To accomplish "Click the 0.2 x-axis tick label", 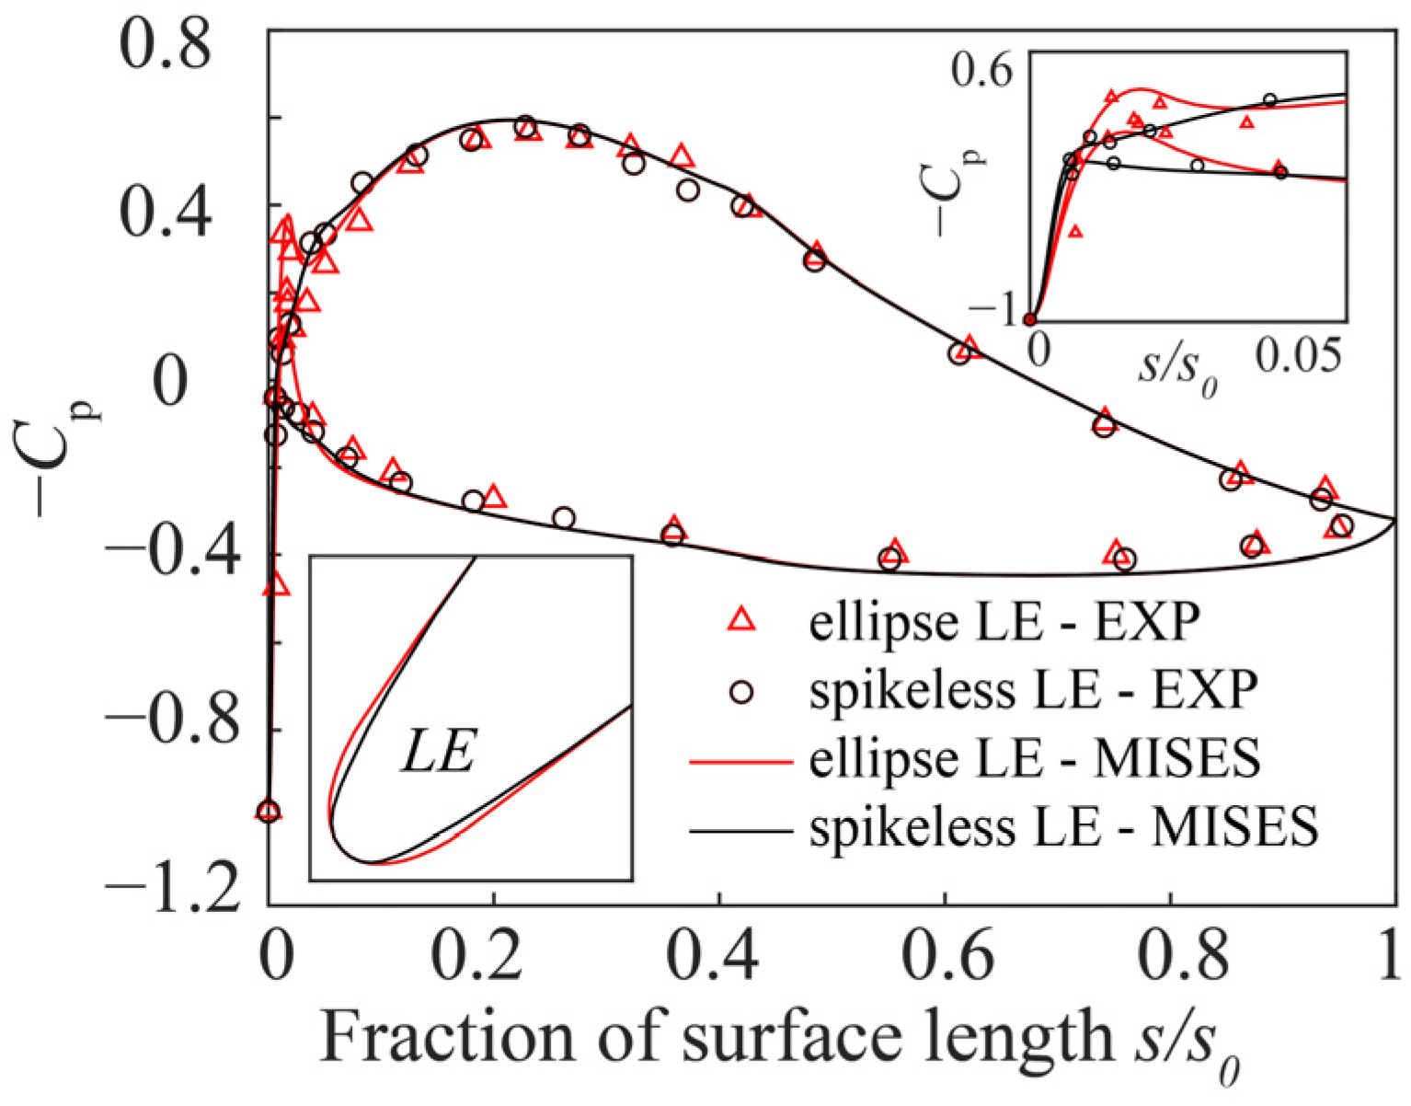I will (x=494, y=958).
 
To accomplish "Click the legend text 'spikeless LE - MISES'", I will (x=1063, y=827).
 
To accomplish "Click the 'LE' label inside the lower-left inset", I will (x=438, y=756).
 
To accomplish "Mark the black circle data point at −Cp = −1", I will (x=268, y=812).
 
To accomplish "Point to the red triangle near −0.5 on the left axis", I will (x=276, y=585).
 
